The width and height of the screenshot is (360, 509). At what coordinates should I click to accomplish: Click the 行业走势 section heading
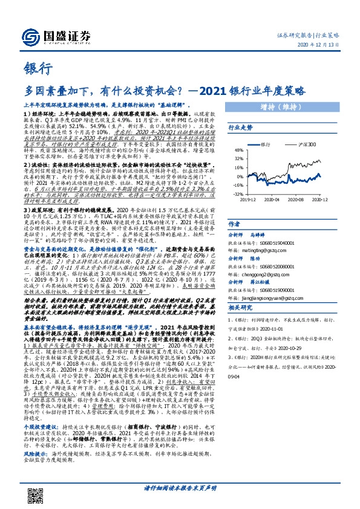239,128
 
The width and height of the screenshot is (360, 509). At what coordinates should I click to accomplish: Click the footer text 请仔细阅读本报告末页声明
180,487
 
